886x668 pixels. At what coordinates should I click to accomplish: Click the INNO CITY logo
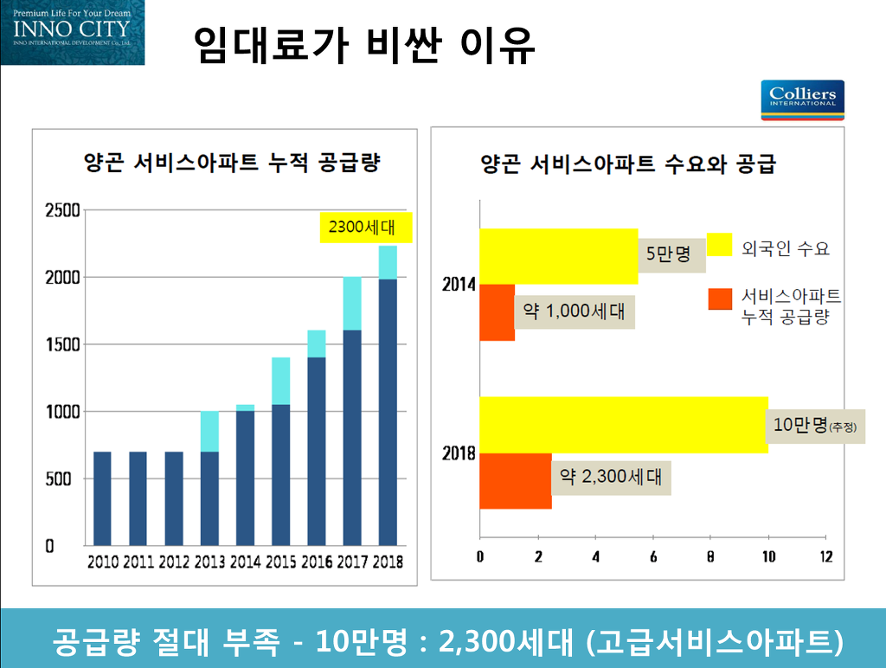[x=73, y=32]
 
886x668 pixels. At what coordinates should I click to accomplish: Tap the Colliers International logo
[x=802, y=100]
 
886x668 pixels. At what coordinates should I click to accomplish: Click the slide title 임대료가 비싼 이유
[x=363, y=45]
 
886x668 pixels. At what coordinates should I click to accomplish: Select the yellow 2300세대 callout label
[x=366, y=228]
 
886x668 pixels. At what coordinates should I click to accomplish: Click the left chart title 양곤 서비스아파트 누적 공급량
[x=232, y=163]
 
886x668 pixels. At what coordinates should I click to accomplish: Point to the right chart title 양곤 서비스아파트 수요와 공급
[x=628, y=164]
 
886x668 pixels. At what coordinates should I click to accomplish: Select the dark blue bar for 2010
[x=102, y=498]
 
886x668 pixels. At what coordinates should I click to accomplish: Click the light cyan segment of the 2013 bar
[x=209, y=431]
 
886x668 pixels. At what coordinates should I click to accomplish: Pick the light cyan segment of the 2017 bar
[x=351, y=304]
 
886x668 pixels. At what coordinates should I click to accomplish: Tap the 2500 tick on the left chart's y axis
[x=62, y=210]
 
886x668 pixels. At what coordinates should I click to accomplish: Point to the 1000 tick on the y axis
[x=62, y=412]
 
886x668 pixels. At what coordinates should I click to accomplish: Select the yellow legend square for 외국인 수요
[x=719, y=246]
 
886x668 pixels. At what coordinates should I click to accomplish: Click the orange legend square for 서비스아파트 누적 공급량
[x=719, y=299]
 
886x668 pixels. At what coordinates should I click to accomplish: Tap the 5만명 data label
[x=669, y=254]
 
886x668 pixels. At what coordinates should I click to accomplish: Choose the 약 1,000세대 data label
[x=575, y=311]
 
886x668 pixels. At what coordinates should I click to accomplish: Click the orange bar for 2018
[x=516, y=480]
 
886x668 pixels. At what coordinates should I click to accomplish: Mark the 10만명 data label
[x=814, y=425]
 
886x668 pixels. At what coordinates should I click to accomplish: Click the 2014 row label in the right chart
[x=459, y=284]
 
